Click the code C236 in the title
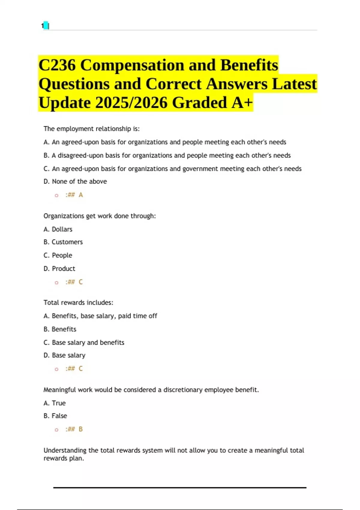click(57, 65)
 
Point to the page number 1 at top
click(43, 26)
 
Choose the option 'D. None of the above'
click(75, 181)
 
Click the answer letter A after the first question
click(81, 195)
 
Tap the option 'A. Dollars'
click(58, 229)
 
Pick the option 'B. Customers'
click(63, 242)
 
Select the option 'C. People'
click(58, 255)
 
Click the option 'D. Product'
click(59, 268)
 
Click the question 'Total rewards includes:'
click(78, 302)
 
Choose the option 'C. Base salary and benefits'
click(84, 342)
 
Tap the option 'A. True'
click(55, 403)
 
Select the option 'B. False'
click(55, 416)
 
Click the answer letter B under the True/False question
click(81, 429)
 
